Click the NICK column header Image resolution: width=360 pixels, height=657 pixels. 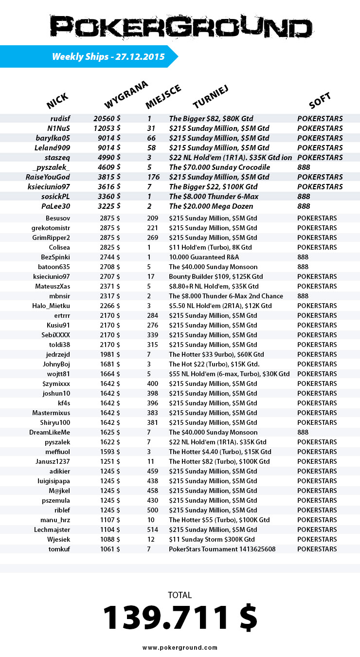57,101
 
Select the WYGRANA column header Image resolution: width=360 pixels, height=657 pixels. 126,95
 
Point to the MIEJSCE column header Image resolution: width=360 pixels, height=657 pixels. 163,96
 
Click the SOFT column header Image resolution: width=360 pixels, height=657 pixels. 320,101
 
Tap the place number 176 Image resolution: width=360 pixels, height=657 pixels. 153,177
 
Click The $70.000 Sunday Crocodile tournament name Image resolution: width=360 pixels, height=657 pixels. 219,167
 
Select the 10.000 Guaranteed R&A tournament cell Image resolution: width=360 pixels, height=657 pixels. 204,257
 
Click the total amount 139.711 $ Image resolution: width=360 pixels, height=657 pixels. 180,618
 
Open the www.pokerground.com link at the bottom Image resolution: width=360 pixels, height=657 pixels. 180,648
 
